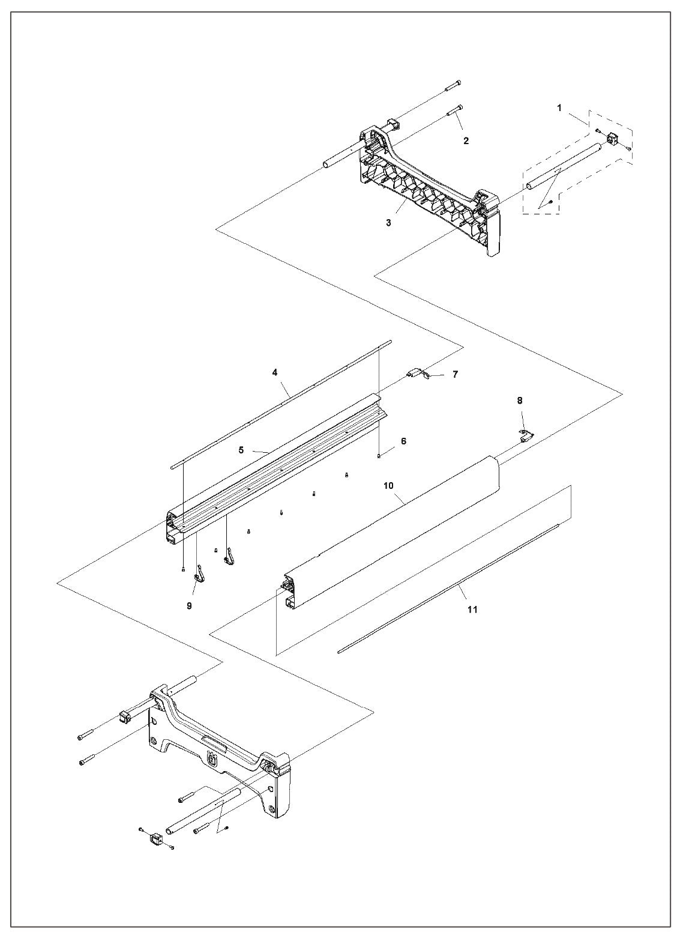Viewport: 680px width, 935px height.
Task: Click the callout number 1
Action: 559,108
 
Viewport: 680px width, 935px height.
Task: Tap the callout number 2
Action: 466,141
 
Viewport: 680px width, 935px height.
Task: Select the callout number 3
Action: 389,223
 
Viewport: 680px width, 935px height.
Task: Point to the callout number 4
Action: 274,372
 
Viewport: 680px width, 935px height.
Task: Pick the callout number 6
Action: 403,441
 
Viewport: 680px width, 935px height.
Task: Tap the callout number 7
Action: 455,374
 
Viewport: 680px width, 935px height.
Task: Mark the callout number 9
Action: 189,606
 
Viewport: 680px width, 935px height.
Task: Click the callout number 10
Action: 388,485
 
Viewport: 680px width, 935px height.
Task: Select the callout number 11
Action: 472,609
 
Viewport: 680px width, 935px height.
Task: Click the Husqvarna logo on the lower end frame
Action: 212,760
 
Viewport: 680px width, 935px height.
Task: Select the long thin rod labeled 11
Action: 450,589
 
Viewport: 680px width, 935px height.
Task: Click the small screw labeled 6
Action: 380,456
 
